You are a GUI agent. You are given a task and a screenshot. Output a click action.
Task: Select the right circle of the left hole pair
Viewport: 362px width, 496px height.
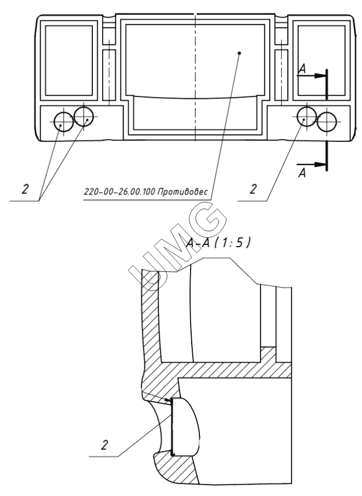click(83, 115)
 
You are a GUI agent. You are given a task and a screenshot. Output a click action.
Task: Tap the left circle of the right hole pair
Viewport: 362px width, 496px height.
click(305, 116)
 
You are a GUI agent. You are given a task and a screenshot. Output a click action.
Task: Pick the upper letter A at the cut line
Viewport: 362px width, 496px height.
click(301, 69)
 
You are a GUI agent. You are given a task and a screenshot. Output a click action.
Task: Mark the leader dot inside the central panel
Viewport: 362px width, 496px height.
click(239, 53)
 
